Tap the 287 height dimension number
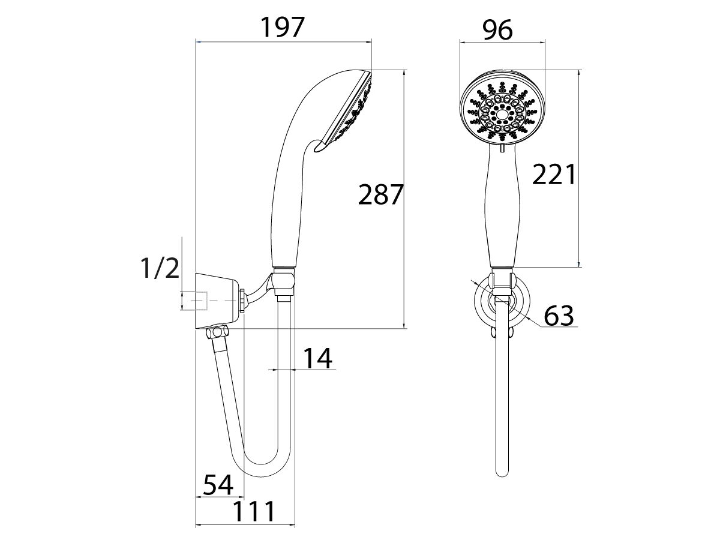(379, 195)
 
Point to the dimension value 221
(554, 175)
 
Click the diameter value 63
(559, 315)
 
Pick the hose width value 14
(316, 358)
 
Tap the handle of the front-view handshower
(502, 210)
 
